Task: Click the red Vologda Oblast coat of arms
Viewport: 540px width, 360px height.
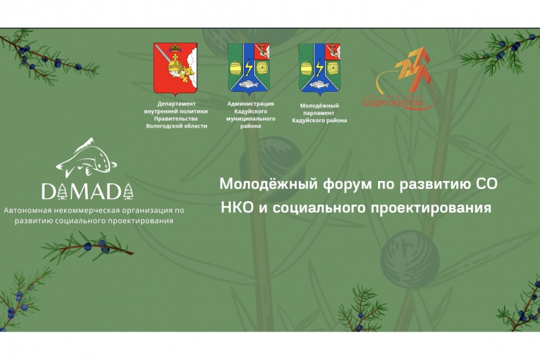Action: [175, 68]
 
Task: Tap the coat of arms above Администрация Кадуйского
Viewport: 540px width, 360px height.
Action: [250, 68]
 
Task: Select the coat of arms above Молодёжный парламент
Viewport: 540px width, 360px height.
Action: [320, 68]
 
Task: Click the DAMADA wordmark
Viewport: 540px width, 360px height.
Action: [88, 192]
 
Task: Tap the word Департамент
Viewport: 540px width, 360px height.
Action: [176, 104]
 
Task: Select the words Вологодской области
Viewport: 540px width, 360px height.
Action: [177, 126]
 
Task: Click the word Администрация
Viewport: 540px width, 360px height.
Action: [251, 103]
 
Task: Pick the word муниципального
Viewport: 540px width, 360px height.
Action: [251, 118]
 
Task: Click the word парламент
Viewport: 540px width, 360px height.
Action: [320, 113]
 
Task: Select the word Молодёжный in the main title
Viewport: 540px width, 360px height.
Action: [255, 184]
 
